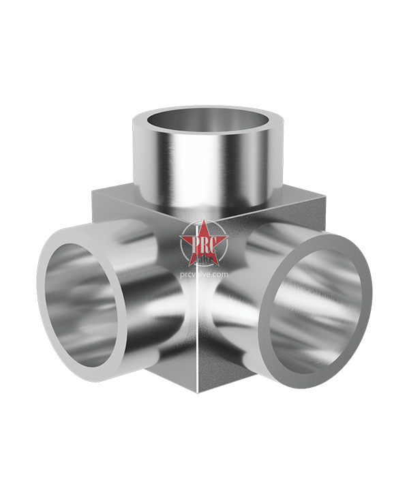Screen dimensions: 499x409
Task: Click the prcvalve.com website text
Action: click(203, 273)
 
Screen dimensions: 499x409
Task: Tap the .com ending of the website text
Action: click(219, 273)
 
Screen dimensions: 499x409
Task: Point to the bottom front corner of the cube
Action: click(197, 391)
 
